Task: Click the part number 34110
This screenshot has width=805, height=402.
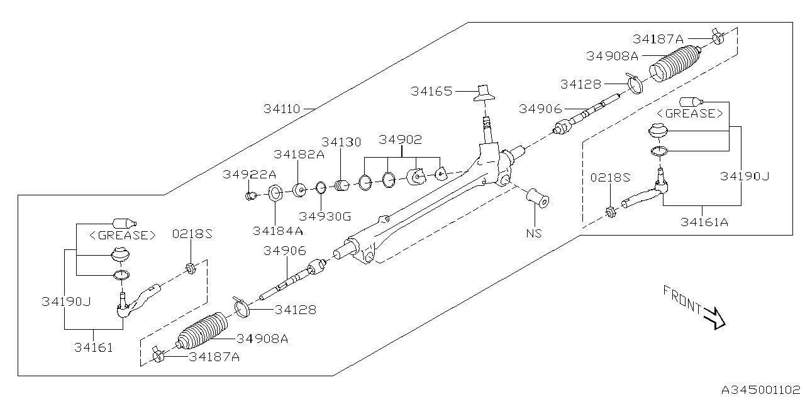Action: point(281,109)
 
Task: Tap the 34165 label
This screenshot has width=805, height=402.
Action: point(431,91)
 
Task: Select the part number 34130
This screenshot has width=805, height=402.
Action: point(341,142)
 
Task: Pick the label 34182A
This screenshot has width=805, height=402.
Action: point(299,155)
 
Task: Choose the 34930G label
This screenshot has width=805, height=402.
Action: point(325,217)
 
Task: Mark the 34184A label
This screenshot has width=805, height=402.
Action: point(277,231)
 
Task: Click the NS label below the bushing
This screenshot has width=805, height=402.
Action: point(534,233)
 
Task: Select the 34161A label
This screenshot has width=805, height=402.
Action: point(703,221)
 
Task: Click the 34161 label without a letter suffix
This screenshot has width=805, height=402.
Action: point(93,346)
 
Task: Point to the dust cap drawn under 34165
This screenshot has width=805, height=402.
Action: point(484,92)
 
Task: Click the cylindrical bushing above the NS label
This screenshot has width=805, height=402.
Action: point(538,197)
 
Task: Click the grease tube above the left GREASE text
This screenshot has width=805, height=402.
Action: point(124,222)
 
